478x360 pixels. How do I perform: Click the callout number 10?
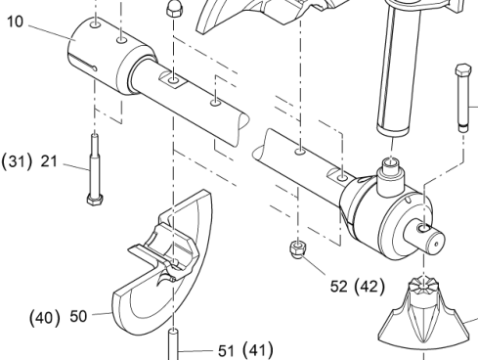pos(15,22)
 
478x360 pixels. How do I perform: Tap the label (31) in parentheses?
pos(17,161)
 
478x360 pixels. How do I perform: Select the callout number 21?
pos(49,161)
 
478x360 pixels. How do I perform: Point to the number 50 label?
pos(78,316)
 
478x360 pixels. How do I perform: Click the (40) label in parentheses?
pos(45,318)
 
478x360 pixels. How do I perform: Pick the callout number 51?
pos(226,351)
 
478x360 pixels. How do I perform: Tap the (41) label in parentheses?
pos(258,350)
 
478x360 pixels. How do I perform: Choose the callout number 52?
pos(339,287)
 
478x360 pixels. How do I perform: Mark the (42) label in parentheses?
pos(369,287)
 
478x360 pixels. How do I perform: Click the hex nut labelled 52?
pos(296,248)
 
